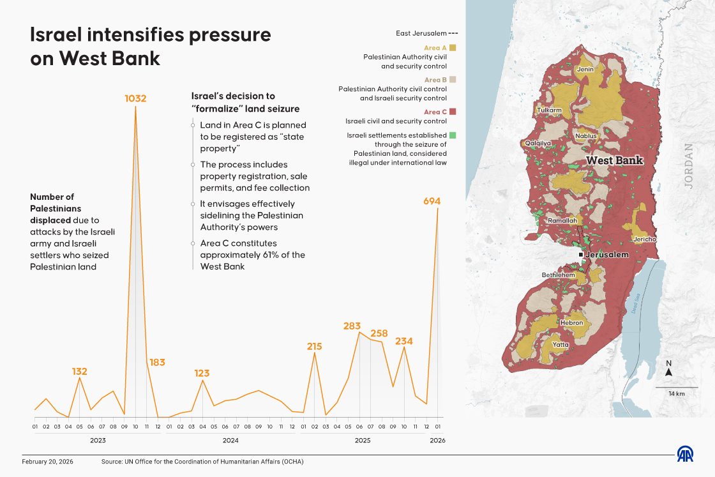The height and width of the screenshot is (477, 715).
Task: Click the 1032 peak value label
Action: pos(135,98)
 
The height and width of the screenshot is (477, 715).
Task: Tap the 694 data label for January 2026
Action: pos(432,201)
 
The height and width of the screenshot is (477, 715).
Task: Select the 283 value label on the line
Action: pos(352,326)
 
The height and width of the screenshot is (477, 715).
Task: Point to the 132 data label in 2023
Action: pos(79,371)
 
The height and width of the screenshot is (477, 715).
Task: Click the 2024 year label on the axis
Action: pos(230,441)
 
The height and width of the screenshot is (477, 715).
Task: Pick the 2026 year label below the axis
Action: pos(437,441)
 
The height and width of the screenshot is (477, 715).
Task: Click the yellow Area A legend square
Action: pos(452,47)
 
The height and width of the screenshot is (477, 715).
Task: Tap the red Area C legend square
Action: pos(452,112)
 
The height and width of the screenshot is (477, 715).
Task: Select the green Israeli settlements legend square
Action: pos(452,135)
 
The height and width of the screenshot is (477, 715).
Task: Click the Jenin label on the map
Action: pos(585,69)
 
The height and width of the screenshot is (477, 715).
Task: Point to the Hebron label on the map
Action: pos(571,322)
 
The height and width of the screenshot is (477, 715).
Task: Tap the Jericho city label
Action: pos(644,239)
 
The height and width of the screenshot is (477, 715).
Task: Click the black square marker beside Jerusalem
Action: pos(580,255)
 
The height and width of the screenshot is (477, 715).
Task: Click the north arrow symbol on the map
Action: pos(669,373)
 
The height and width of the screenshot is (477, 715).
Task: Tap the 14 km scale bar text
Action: pos(677,394)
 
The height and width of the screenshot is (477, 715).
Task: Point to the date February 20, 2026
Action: pos(49,461)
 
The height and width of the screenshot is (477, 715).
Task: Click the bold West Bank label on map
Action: pos(614,160)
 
